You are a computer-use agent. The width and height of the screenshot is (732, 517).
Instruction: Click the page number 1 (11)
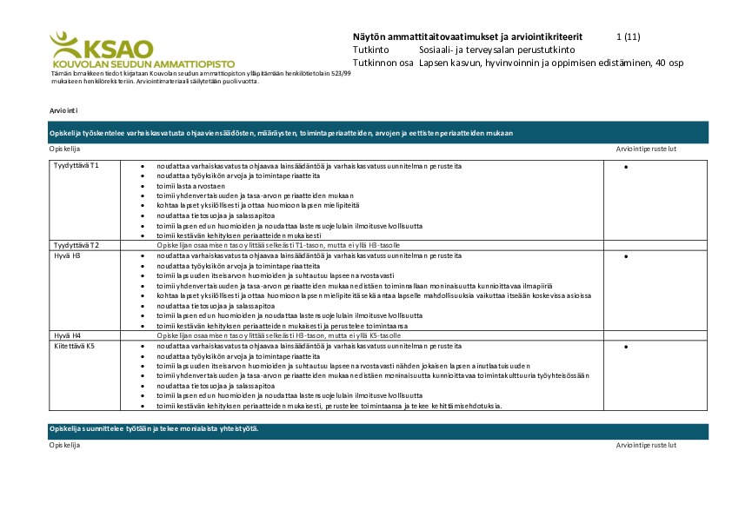point(628,37)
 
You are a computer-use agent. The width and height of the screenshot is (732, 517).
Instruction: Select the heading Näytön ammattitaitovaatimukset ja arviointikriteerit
point(468,37)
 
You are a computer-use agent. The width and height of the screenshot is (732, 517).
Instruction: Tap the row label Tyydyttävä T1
point(77,165)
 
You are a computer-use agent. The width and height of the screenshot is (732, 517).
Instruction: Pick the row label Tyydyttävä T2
point(77,246)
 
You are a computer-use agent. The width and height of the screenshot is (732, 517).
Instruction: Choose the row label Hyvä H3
point(67,256)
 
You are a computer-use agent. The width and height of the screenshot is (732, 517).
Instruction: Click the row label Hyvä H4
point(67,335)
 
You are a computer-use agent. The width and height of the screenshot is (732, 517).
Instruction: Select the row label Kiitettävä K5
point(74,346)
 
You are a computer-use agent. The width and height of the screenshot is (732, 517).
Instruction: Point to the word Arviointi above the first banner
point(64,110)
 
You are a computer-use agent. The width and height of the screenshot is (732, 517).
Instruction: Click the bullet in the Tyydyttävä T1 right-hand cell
point(626,167)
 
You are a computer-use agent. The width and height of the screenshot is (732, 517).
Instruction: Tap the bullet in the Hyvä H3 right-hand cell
point(626,257)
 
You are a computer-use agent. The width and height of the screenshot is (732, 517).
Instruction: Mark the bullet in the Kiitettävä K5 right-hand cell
point(626,348)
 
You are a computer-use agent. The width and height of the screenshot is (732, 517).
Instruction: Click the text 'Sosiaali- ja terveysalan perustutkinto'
point(490,50)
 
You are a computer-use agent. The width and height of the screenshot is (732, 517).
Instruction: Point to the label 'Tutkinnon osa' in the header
point(383,63)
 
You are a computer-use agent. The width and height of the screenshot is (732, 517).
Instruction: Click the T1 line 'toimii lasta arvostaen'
point(190,187)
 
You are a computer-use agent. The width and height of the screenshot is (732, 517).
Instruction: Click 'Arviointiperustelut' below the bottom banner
point(646,445)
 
